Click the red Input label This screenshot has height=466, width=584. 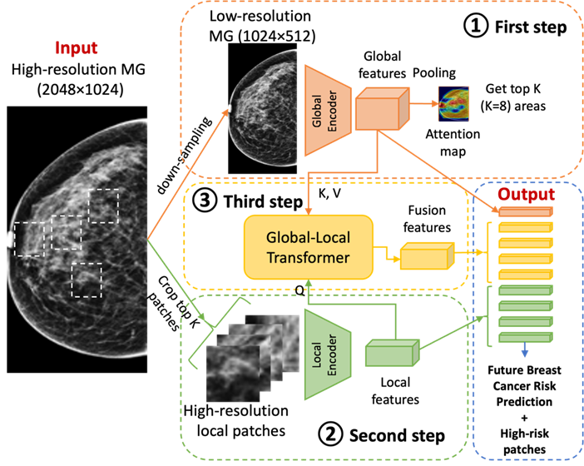click(77, 47)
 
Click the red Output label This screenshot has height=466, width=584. click(526, 195)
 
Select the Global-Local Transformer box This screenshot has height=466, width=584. click(309, 247)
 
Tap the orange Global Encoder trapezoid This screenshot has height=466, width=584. click(325, 111)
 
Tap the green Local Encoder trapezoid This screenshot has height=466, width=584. click(325, 354)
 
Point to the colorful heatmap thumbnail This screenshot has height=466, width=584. click(453, 104)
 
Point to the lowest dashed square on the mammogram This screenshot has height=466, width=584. click(87, 280)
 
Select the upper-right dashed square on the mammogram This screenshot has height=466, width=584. click(104, 206)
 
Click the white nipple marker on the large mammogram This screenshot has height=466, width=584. click(10, 240)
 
